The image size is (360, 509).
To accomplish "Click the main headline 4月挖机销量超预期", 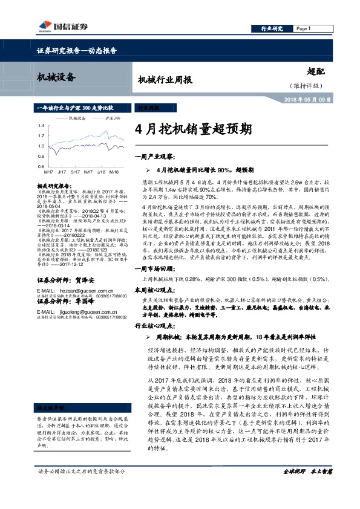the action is pos(193,129).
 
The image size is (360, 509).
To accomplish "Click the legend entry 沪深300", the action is pos(111,118).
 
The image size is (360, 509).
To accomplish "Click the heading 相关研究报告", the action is pos(54,186).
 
